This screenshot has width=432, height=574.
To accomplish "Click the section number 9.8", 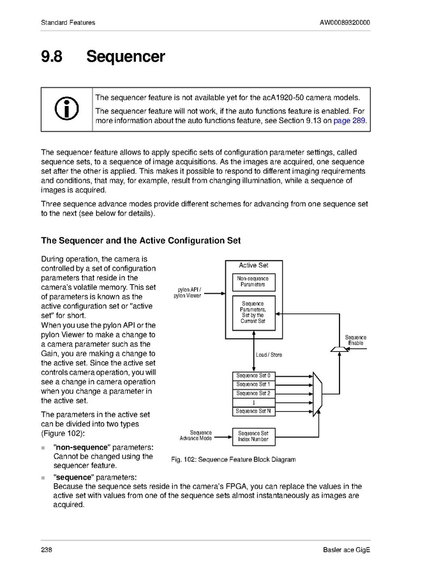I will click(x=52, y=57).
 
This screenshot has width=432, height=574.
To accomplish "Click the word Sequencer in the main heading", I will click(x=126, y=57).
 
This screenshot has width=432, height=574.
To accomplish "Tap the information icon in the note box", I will click(x=67, y=109).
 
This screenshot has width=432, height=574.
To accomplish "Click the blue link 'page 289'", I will click(x=350, y=121).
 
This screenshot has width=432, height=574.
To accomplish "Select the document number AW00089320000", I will click(x=345, y=23).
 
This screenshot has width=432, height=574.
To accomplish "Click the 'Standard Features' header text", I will click(x=68, y=23).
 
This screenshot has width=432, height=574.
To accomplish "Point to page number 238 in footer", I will click(x=47, y=550).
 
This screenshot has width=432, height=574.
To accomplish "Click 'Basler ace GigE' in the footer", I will click(x=346, y=550).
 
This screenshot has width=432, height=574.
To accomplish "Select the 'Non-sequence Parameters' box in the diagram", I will click(x=253, y=282).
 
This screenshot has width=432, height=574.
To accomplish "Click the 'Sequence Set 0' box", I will click(x=253, y=375).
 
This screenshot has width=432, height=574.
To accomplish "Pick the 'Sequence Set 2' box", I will click(x=253, y=393).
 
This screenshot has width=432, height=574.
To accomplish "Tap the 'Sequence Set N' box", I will click(x=253, y=411).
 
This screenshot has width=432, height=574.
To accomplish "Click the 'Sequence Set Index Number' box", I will click(x=253, y=437).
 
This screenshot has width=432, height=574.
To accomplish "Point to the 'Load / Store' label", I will click(x=269, y=355).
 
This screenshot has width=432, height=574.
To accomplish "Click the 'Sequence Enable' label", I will click(x=355, y=340).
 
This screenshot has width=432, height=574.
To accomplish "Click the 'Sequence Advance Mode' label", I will click(x=196, y=436).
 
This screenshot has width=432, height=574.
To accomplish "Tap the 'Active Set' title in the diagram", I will click(x=253, y=266).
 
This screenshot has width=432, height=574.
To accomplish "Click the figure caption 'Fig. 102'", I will click(x=234, y=460).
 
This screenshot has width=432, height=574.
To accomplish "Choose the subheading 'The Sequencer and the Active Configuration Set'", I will click(x=140, y=241).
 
